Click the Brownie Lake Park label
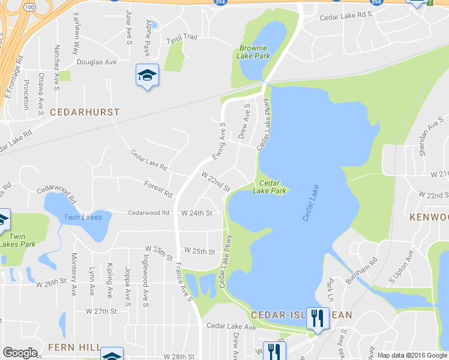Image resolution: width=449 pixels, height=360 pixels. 255,52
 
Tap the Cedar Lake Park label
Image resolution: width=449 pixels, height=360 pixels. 269,187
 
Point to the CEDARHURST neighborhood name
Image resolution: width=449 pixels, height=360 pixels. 85,112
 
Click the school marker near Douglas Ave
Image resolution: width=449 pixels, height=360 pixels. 147,76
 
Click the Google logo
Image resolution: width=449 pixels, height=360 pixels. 20,353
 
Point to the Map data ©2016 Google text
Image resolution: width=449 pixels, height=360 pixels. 412,355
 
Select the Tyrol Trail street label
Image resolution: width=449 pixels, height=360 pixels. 181,38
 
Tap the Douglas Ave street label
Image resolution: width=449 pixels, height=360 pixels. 97,62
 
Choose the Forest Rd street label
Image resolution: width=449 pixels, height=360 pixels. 158,189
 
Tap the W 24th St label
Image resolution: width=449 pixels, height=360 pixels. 197,213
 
